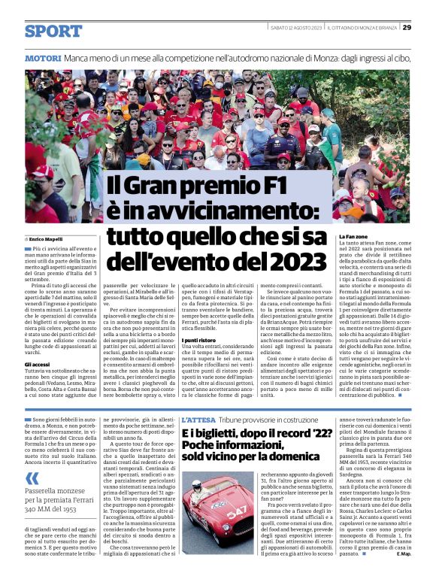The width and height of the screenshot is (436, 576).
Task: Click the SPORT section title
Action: (53, 32)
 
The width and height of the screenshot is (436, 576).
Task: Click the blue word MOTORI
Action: (42, 58)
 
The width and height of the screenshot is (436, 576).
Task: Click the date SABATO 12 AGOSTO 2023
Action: (296, 28)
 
